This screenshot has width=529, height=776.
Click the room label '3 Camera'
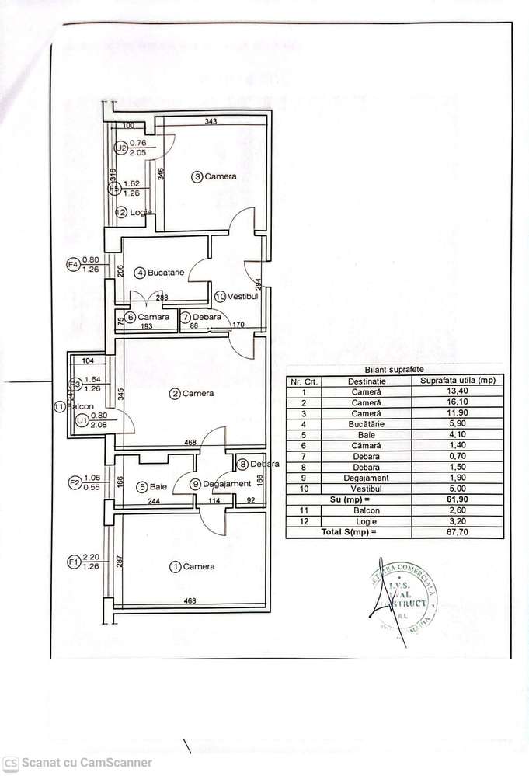click(215, 177)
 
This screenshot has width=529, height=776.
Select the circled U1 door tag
click(82, 420)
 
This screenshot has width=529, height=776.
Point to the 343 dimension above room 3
click(211, 122)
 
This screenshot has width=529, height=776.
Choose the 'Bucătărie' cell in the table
click(366, 424)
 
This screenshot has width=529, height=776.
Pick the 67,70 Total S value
click(457, 532)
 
